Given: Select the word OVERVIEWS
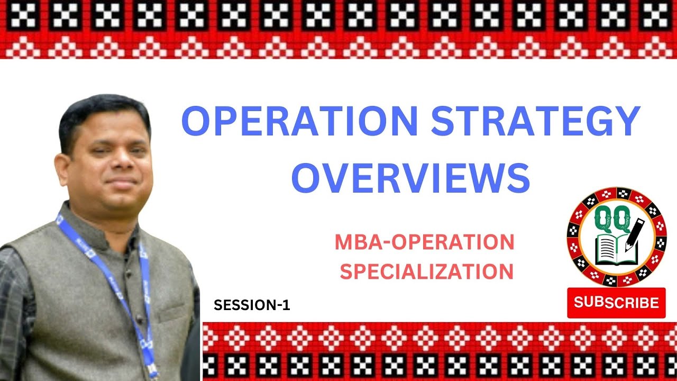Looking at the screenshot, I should click(x=410, y=178).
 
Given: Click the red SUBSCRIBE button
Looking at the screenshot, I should click(x=616, y=303).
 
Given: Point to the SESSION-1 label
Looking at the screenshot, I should click(x=252, y=305).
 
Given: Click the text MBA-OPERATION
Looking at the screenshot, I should click(x=424, y=242).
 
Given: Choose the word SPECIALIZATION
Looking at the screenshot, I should click(x=426, y=271).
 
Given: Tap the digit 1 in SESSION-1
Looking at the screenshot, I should click(x=287, y=305).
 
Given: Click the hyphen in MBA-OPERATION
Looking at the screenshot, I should click(x=376, y=243).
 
